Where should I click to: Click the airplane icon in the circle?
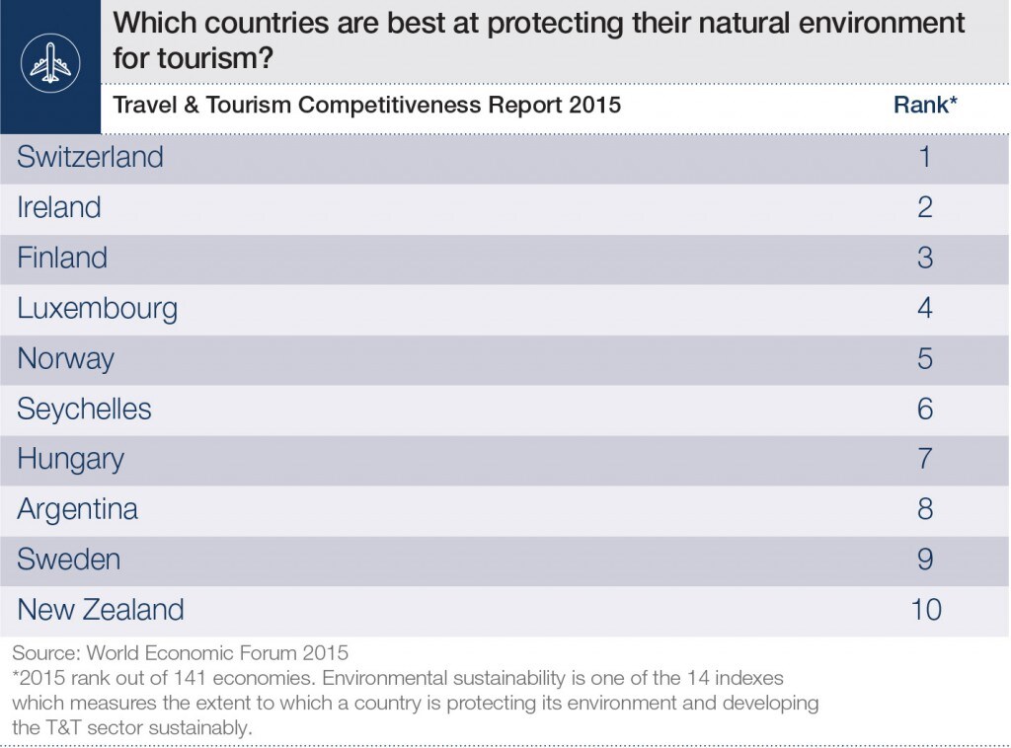click(50, 62)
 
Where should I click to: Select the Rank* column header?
click(925, 105)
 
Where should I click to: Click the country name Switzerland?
click(90, 157)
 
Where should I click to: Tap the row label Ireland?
click(58, 207)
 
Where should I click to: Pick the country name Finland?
click(62, 258)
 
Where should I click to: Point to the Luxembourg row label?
click(98, 309)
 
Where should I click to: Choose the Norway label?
click(66, 359)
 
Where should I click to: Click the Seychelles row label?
click(85, 409)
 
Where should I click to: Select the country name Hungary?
click(71, 460)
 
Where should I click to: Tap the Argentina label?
click(77, 509)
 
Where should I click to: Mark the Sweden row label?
click(69, 560)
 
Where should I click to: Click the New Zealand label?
click(101, 610)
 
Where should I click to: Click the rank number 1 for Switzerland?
click(925, 157)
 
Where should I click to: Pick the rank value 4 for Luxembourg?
click(925, 309)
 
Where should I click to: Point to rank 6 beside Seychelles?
click(925, 410)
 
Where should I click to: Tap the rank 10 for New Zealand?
click(926, 610)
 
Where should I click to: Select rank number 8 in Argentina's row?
click(925, 509)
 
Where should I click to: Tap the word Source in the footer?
click(46, 652)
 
